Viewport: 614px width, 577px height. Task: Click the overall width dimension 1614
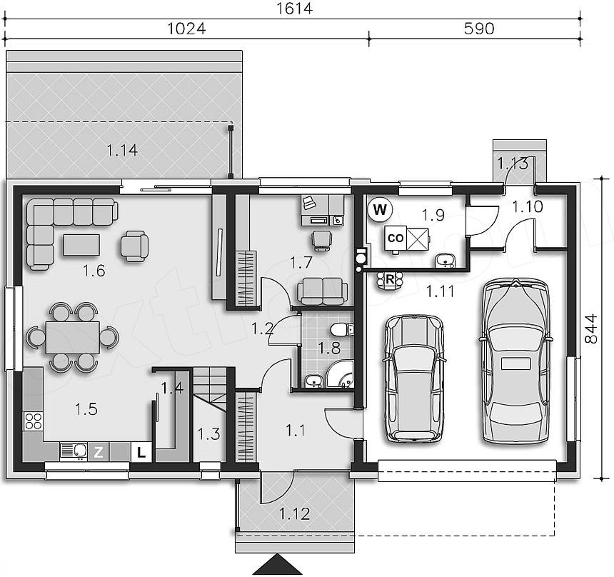point(294,9)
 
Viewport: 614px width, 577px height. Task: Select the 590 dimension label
point(479,29)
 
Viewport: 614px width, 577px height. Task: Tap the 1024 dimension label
point(186,29)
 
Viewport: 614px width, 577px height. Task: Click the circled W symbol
point(379,210)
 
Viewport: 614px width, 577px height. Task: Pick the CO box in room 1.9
point(396,238)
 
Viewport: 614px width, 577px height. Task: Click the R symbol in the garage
point(390,280)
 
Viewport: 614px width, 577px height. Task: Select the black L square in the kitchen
point(141,453)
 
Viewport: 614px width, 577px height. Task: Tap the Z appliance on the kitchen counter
point(99,452)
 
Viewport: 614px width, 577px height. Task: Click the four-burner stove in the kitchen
point(34,421)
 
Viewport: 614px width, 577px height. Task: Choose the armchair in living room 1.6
point(134,246)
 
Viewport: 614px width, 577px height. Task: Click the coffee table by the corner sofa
point(81,245)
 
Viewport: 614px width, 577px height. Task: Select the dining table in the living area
point(73,337)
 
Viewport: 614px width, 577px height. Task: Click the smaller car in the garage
point(415,378)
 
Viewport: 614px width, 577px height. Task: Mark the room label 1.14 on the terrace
point(122,151)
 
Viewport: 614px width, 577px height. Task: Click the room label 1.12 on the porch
point(294,513)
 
